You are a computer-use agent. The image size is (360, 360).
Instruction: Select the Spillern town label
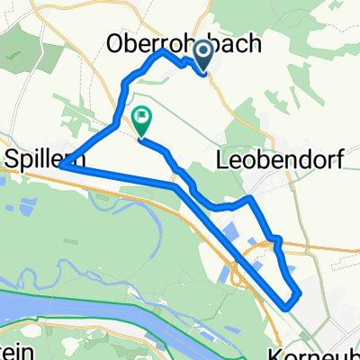click(37, 157)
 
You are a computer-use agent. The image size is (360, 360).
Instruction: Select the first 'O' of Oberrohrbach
click(116, 42)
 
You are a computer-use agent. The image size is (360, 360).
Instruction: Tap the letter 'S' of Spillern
click(12, 157)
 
